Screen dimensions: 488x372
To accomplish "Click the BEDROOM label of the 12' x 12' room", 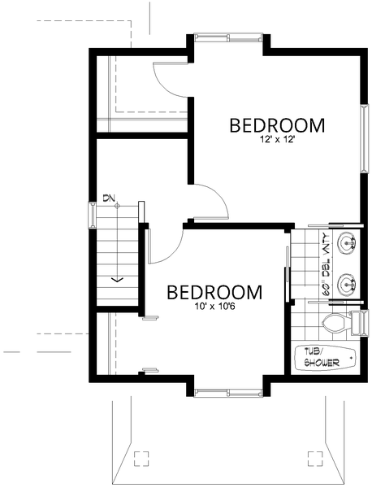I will pyautogui.click(x=277, y=126).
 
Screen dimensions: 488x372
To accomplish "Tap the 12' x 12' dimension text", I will pyautogui.click(x=277, y=140).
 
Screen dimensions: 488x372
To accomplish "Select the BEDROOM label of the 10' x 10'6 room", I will pyautogui.click(x=214, y=292).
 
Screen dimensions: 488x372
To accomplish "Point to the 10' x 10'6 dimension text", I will pyautogui.click(x=214, y=307).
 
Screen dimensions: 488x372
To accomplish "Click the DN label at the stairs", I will pyautogui.click(x=110, y=198).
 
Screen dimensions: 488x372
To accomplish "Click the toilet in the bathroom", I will pyautogui.click(x=335, y=324).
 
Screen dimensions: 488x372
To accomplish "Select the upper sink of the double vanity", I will pyautogui.click(x=347, y=242).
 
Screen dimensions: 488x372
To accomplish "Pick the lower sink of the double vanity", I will pyautogui.click(x=347, y=284).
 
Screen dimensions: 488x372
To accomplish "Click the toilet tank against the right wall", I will pyautogui.click(x=357, y=323).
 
